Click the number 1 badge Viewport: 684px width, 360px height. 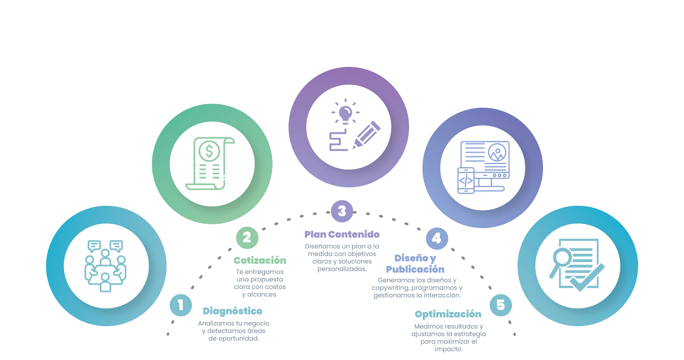(x=181, y=305)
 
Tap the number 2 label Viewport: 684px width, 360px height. (x=247, y=237)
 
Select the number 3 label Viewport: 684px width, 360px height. (x=342, y=211)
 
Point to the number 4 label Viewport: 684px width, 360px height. (x=436, y=238)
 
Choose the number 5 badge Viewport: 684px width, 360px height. (x=500, y=305)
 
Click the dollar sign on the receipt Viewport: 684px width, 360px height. (x=209, y=151)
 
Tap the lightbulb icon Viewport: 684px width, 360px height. (x=345, y=113)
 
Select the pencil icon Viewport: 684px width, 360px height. (x=366, y=135)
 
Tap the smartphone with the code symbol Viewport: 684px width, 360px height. (x=466, y=181)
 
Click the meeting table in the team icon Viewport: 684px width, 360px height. (x=105, y=271)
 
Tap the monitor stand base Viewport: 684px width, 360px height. (x=489, y=188)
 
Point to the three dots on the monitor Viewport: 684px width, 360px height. (x=500, y=175)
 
